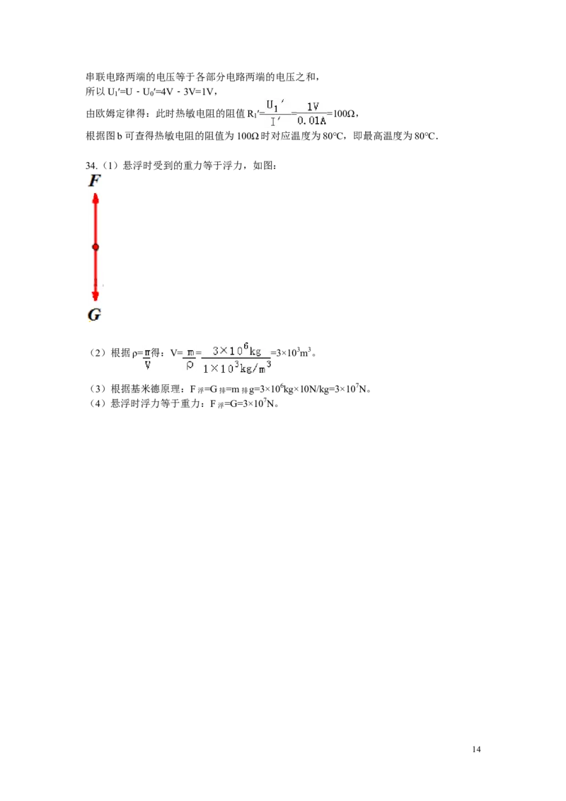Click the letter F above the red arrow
click(95, 180)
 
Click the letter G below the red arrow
click(95, 315)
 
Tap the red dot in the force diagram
click(95, 247)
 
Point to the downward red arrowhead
click(95, 295)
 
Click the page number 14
click(476, 749)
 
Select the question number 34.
click(91, 166)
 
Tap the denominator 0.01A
click(311, 121)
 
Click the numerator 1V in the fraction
click(313, 106)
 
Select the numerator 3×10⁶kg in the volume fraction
click(236, 350)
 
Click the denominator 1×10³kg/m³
click(237, 367)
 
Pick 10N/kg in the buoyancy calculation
click(313, 389)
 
